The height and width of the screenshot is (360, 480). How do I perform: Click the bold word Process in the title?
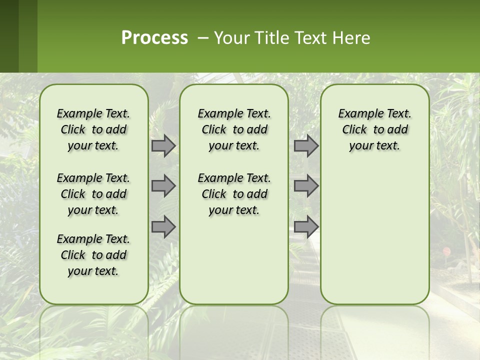[x=154, y=38]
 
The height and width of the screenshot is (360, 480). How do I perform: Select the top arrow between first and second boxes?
[x=163, y=145]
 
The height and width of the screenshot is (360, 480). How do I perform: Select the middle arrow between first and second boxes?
[x=163, y=186]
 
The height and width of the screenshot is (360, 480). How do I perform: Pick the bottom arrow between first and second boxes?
[x=163, y=226]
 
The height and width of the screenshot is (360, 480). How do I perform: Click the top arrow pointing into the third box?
[x=306, y=145]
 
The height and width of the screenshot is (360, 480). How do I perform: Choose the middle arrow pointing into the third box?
[x=306, y=186]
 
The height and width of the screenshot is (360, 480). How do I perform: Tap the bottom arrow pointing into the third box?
[x=306, y=226]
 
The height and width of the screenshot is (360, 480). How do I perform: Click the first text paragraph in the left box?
[x=93, y=129]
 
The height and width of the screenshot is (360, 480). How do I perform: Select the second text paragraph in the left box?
[x=93, y=194]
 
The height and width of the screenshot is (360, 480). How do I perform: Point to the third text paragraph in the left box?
[x=93, y=255]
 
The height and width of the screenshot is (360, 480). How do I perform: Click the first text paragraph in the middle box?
[x=234, y=129]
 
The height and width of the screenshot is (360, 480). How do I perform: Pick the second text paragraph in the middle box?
[x=234, y=194]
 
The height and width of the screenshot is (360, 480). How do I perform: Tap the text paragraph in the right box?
[x=374, y=129]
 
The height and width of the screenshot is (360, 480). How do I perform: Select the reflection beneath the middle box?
[x=234, y=330]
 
